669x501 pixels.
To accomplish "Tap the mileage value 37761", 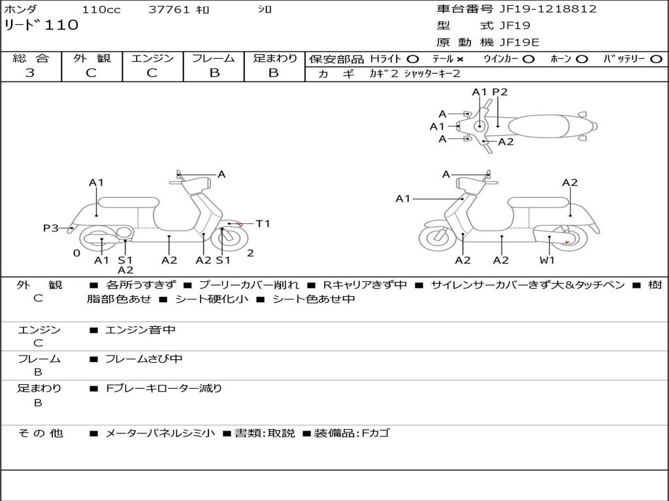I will (169, 10).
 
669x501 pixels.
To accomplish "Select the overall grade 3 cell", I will (30, 73).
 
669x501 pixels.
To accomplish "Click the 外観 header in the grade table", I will (91, 59).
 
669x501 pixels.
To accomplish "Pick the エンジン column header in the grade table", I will (152, 59).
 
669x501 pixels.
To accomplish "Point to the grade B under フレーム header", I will (214, 73).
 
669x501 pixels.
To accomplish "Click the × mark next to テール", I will (460, 59).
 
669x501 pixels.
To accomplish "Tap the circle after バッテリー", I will (656, 59).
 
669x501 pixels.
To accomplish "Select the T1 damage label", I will (263, 224).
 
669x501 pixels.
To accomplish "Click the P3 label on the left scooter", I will (51, 228).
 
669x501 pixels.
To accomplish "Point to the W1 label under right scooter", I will (547, 260).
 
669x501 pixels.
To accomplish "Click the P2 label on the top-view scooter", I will (500, 92).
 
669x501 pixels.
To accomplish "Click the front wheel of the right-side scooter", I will (438, 237).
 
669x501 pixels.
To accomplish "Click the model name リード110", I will (41, 25).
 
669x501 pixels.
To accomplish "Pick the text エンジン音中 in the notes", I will (140, 330).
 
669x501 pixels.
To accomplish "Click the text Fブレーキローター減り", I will (164, 388).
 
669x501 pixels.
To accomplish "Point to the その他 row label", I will (40, 433).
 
